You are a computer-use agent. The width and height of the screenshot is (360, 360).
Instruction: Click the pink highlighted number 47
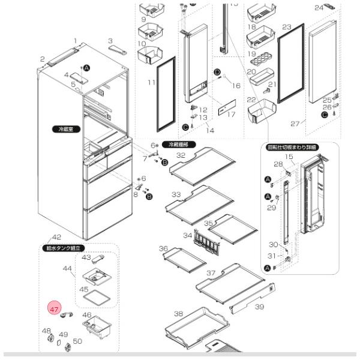tap(55, 310)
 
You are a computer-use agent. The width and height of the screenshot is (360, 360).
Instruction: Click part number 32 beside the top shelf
tap(181, 155)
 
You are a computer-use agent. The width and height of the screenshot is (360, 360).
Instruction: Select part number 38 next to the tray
tap(178, 314)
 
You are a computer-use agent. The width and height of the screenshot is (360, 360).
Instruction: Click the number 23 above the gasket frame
tap(286, 27)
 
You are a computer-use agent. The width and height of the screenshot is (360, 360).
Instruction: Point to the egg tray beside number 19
tap(259, 60)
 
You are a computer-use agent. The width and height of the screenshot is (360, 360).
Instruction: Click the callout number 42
tap(57, 238)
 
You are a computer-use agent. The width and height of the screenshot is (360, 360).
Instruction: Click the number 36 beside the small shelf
tap(163, 248)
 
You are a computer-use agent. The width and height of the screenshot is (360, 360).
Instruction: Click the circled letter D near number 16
tap(217, 72)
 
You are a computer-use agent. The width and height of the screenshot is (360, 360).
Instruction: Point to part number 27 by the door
tap(295, 124)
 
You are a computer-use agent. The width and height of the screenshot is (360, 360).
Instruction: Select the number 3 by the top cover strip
tap(110, 40)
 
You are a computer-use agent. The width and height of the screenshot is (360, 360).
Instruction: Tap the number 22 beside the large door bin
tap(251, 100)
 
